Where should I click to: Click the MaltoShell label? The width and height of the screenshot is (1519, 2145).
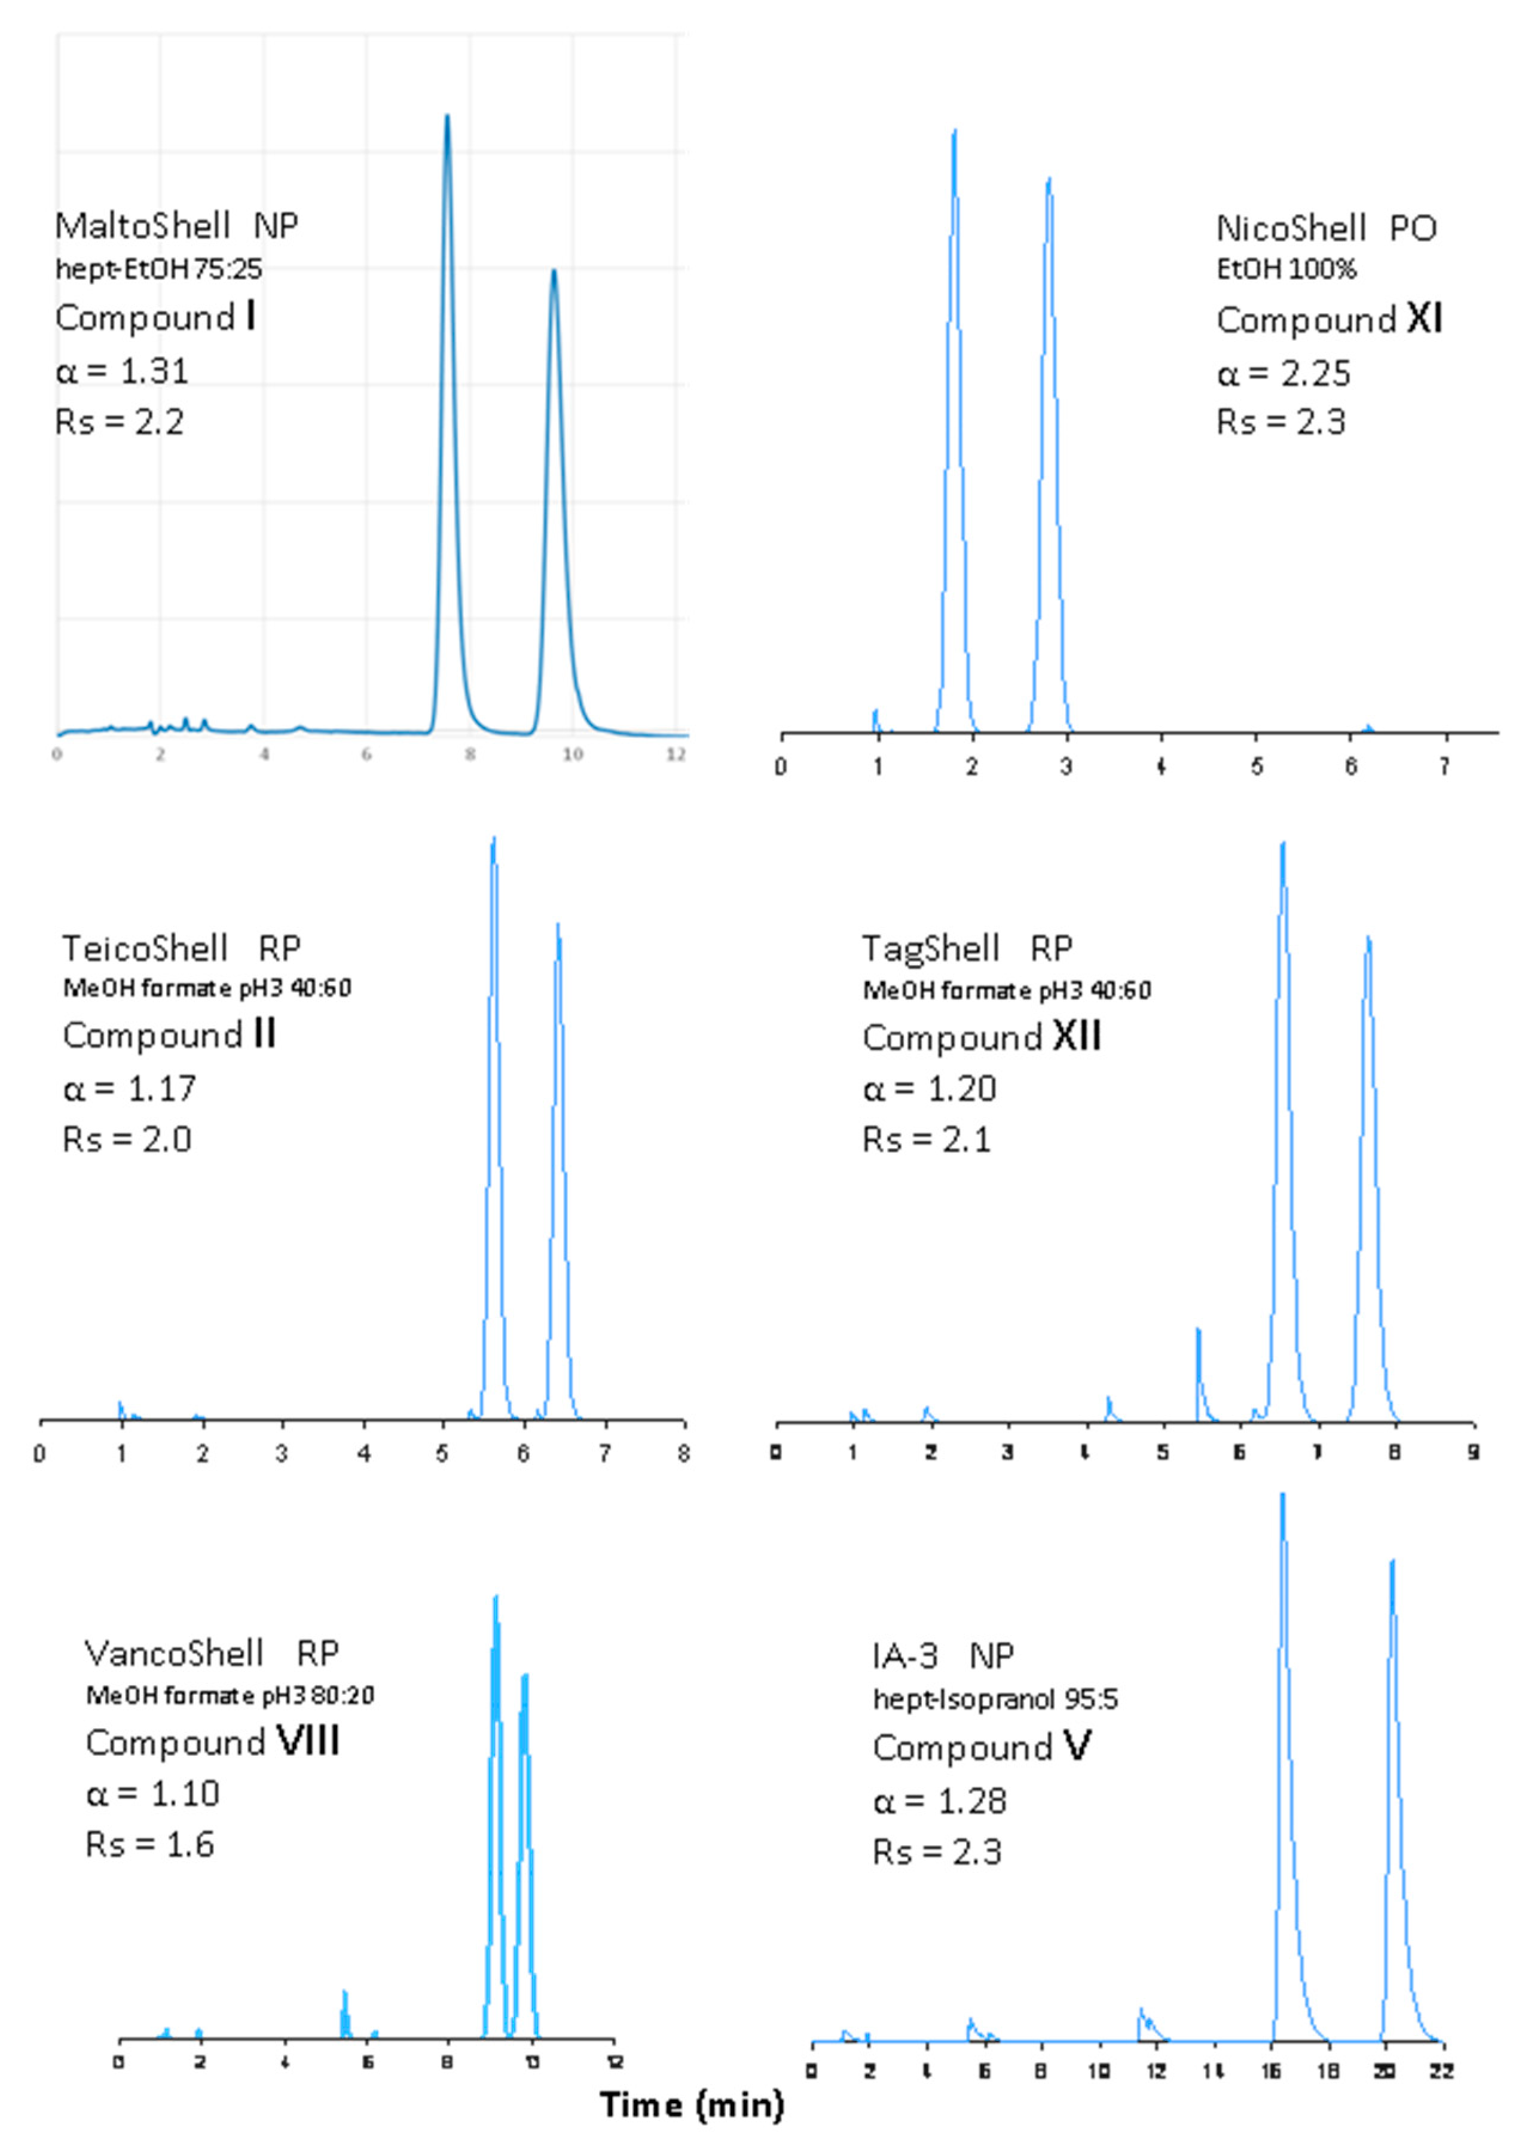(x=142, y=225)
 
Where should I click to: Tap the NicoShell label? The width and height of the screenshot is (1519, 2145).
(x=1291, y=228)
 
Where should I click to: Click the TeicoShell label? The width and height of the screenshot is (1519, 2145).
(x=145, y=948)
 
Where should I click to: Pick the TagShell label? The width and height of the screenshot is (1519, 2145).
(x=931, y=948)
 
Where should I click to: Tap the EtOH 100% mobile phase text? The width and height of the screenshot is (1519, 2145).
(x=1286, y=270)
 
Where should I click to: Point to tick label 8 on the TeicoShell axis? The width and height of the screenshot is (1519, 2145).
(x=684, y=1453)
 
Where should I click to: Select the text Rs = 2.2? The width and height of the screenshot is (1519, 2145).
(x=119, y=422)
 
